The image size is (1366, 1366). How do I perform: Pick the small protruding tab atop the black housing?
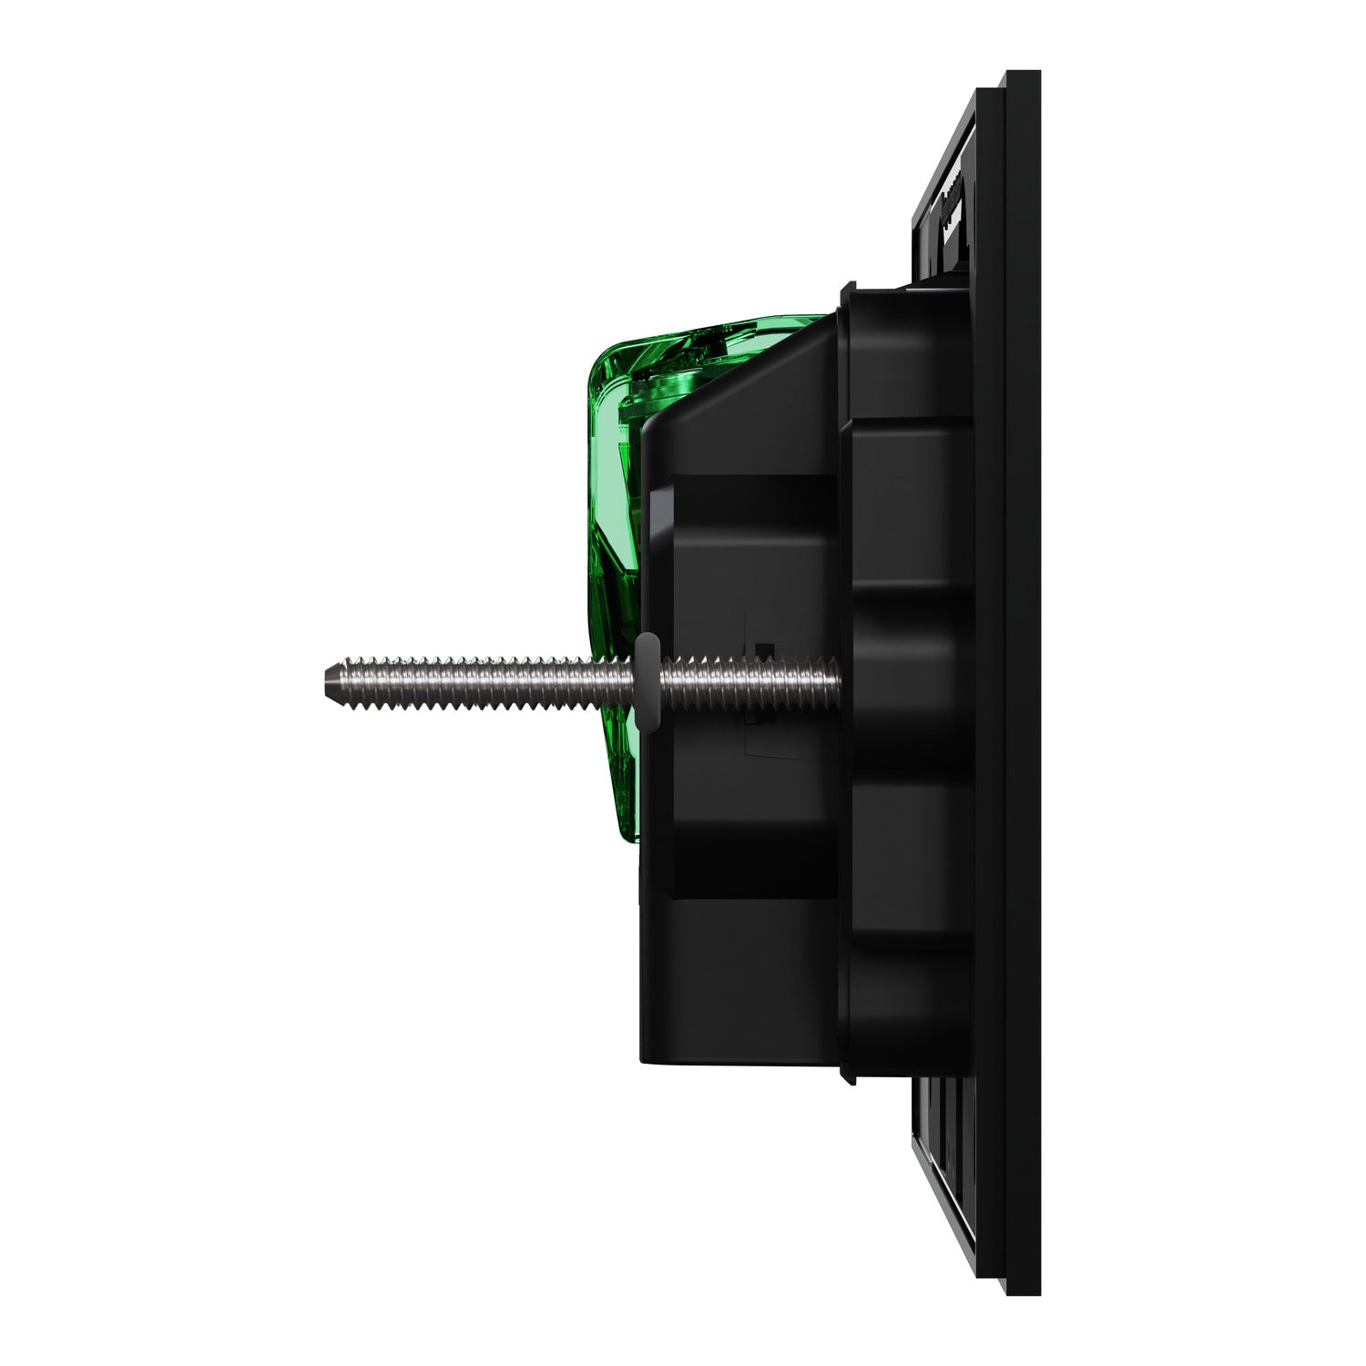point(847,290)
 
